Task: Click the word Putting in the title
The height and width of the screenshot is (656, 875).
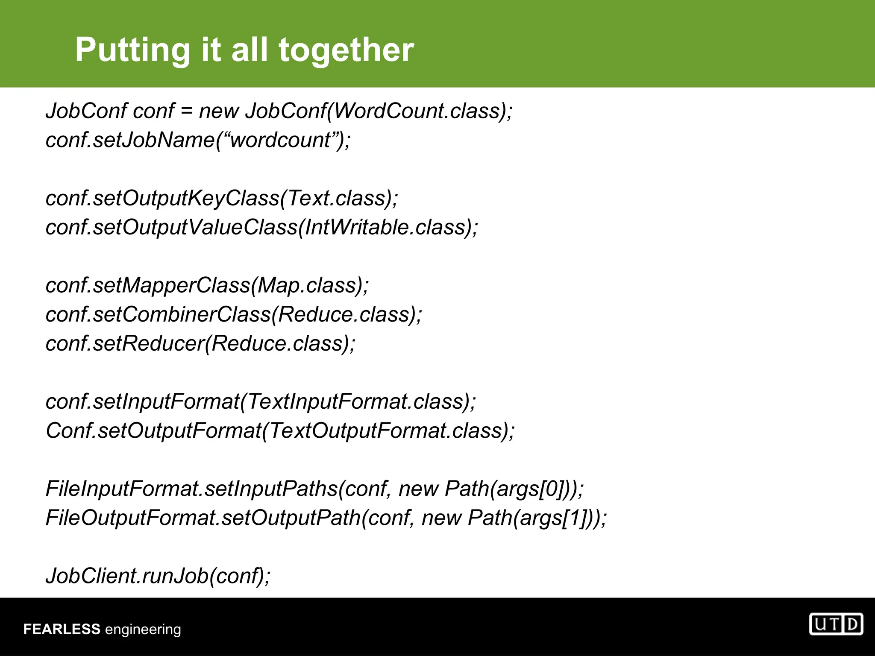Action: [132, 50]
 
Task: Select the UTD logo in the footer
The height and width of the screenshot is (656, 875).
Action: [836, 624]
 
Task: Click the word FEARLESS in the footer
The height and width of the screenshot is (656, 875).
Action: [62, 630]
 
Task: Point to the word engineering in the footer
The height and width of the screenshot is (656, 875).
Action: [143, 630]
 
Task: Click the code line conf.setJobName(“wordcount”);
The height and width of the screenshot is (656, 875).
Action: [198, 140]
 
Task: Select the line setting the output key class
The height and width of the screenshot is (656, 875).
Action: [222, 198]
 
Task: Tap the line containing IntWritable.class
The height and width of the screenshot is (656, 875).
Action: [261, 227]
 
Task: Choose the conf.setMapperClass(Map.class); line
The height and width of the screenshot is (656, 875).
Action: [207, 285]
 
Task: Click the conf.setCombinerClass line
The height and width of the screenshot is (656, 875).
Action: [234, 314]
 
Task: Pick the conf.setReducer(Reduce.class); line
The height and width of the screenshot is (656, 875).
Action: [200, 343]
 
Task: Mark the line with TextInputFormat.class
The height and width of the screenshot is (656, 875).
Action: [261, 401]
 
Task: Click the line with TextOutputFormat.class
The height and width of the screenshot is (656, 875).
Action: [280, 430]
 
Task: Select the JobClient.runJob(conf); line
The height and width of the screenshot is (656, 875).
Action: [158, 576]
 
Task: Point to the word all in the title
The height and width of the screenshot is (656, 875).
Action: [250, 50]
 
